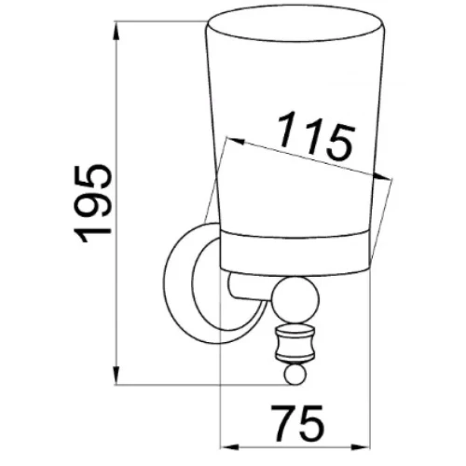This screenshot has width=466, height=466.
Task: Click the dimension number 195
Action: pos(92,203)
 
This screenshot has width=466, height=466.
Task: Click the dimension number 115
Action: pos(316,136)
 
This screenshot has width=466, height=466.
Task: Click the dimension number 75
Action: pos(298,423)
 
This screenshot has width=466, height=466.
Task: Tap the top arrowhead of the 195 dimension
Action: pos(116,31)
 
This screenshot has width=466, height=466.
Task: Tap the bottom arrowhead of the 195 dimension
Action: pos(116,375)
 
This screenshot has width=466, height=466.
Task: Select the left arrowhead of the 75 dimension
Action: pos(229,447)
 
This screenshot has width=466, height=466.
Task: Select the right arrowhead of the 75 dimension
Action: pos(361,447)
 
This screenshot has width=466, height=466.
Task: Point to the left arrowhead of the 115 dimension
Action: pos(236,141)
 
